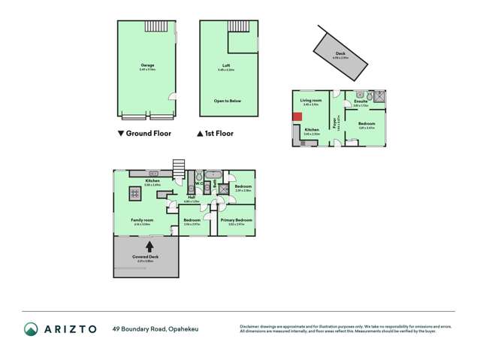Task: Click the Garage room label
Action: point(147,65)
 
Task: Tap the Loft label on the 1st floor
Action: point(226,66)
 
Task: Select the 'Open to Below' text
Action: point(226,99)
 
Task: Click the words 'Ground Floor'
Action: point(149,133)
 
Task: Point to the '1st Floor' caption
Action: point(219,133)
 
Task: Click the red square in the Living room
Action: point(297,116)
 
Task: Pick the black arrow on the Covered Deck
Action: point(149,245)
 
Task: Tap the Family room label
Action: point(141,220)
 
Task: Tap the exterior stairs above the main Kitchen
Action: point(179,166)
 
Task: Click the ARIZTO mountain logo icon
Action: point(32,328)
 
